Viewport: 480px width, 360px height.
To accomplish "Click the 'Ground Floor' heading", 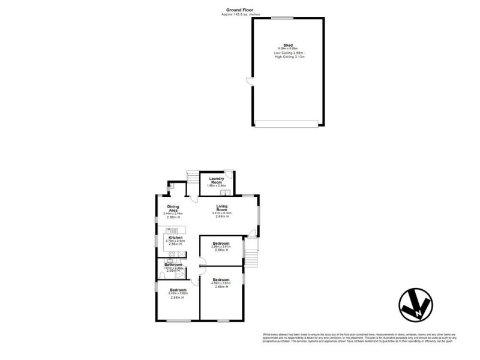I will point(240,10).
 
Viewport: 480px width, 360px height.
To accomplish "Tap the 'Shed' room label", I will point(287,45).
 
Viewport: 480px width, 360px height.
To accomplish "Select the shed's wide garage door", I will point(286,124).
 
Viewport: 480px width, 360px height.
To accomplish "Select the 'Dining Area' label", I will point(173,209).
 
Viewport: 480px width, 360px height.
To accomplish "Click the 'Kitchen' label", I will point(175,238).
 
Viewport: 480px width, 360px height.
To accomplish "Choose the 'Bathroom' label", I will point(173,264).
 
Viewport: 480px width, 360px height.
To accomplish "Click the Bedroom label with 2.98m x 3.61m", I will point(221,244).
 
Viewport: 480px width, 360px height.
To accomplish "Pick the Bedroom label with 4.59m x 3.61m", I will point(221,280).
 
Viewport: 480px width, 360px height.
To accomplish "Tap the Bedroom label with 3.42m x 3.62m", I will point(178,291).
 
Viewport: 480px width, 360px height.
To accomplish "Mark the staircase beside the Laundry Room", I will point(193,178).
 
